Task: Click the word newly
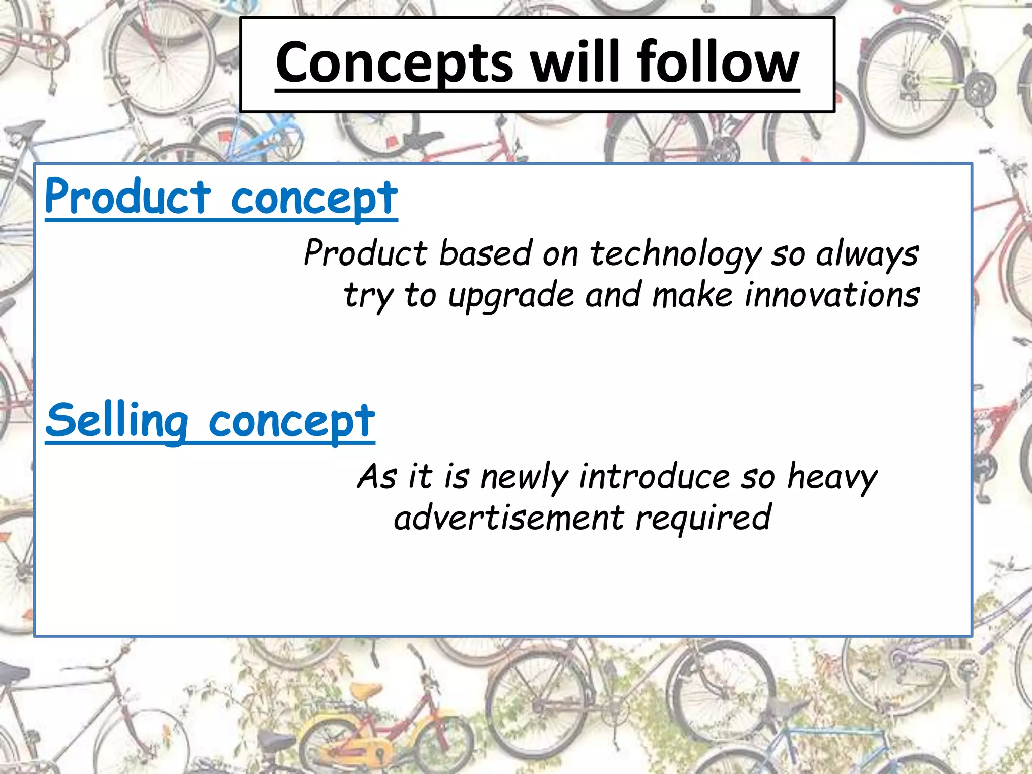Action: coord(525,477)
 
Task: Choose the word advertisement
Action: coord(509,518)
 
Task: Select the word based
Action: coord(485,253)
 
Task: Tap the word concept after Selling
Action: coord(292,422)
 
